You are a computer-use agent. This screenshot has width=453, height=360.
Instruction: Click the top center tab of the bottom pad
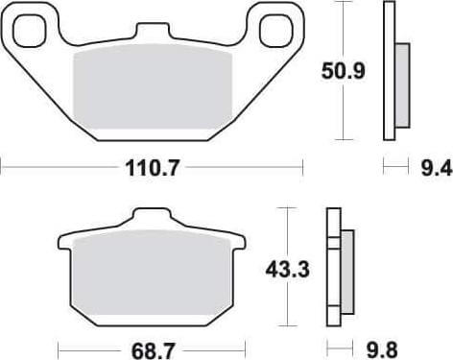(154, 218)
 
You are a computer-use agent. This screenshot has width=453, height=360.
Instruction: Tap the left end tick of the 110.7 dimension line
(2, 170)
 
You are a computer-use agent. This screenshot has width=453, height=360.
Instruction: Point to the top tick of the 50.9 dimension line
(344, 3)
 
